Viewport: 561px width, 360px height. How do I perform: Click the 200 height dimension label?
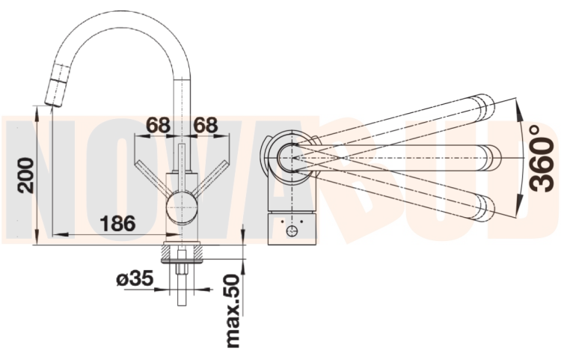click(x=25, y=175)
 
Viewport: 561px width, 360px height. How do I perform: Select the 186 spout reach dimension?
click(x=117, y=222)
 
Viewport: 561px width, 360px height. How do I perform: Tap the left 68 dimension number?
click(x=158, y=125)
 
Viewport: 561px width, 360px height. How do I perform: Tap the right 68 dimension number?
click(x=206, y=125)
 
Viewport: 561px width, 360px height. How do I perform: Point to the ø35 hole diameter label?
click(x=135, y=279)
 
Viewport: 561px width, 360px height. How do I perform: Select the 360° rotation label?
click(x=542, y=158)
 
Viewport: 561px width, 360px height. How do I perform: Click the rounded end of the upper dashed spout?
click(x=483, y=106)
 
